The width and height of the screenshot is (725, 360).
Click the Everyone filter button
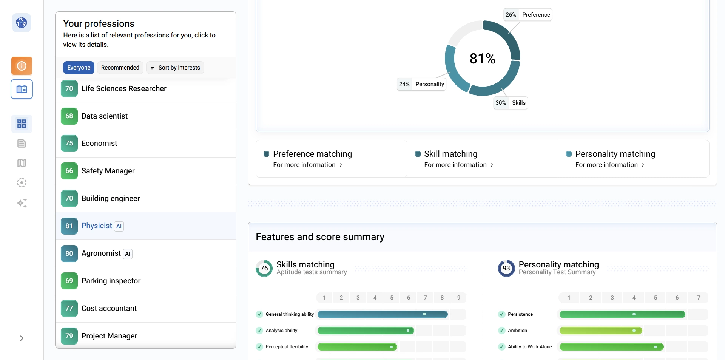(79, 68)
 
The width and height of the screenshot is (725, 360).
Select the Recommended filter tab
(120, 68)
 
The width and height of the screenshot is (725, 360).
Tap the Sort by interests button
(175, 68)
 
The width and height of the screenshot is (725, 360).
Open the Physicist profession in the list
(97, 226)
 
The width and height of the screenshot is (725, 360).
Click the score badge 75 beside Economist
(69, 144)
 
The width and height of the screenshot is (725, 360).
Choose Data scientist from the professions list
(105, 116)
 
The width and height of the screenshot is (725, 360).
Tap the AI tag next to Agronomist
(128, 254)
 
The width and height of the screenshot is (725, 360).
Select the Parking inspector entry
(111, 281)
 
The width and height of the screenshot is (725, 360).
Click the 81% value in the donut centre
(482, 59)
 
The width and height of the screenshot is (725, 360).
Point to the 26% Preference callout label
(528, 15)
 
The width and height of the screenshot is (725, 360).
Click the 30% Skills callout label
(511, 103)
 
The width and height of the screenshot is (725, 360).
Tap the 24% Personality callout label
(421, 84)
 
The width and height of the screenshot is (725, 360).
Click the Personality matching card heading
(615, 154)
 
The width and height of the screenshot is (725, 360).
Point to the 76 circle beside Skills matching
(264, 268)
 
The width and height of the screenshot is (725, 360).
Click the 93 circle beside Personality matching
(506, 268)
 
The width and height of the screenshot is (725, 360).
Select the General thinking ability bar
(383, 314)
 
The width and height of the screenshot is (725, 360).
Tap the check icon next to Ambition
(501, 331)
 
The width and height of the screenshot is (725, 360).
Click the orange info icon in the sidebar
(22, 66)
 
